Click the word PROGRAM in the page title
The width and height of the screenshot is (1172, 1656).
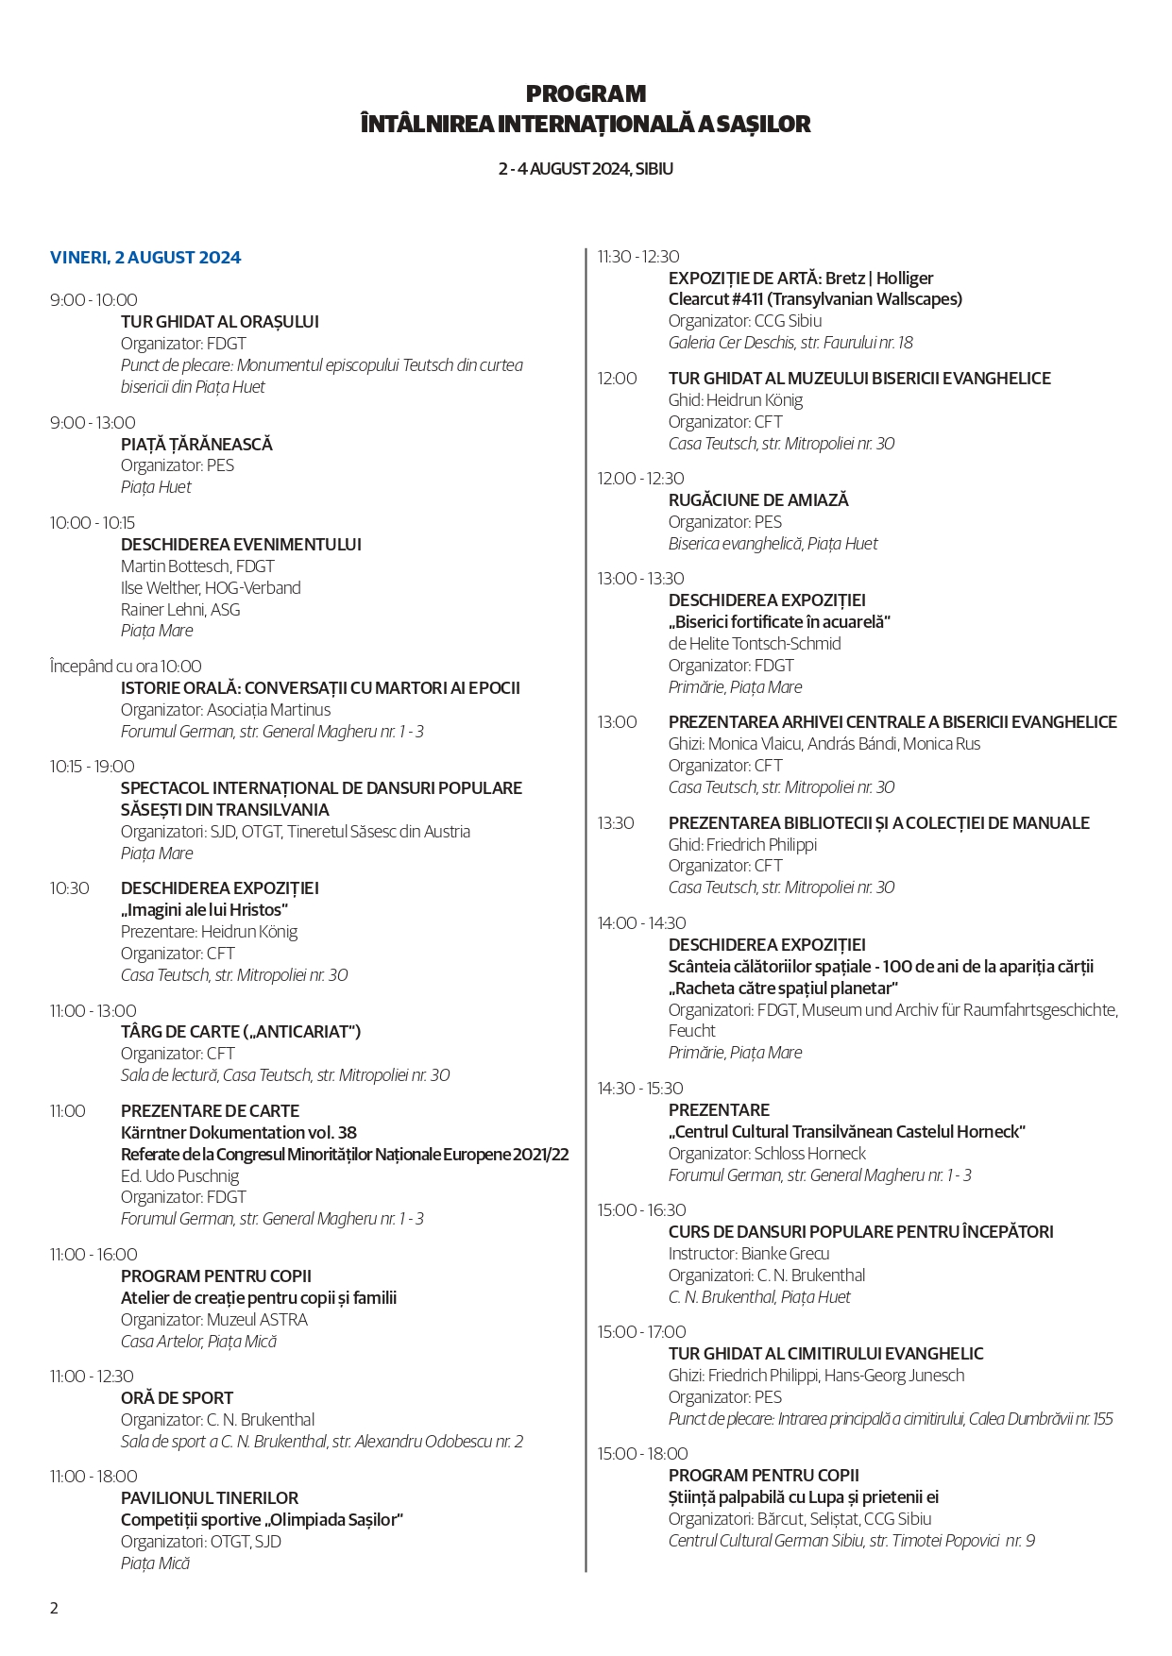pos(586,94)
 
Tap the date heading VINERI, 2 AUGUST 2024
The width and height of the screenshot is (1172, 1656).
pos(145,258)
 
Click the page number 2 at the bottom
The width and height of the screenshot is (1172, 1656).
pos(55,1608)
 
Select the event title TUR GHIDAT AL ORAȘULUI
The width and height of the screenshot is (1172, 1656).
pos(220,322)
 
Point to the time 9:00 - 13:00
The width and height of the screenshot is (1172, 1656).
pos(93,423)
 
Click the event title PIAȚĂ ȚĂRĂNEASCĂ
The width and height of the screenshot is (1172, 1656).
pos(196,445)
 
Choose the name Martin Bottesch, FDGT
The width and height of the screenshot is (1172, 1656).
pos(197,566)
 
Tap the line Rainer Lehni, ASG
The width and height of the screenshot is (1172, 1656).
pos(180,610)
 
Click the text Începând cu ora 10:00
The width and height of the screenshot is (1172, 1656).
pos(126,667)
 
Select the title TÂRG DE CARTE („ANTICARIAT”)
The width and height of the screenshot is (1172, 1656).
pos(241,1032)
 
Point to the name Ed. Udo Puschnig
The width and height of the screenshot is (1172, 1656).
pos(179,1176)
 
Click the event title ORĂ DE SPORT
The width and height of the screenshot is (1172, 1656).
pos(177,1398)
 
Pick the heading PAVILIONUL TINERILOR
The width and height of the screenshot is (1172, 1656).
pos(210,1498)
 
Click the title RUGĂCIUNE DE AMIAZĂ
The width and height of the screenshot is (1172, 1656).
pos(758,500)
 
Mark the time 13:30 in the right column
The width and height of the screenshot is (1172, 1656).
pos(616,823)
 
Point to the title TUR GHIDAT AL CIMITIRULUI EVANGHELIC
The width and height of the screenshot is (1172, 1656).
pos(825,1354)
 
